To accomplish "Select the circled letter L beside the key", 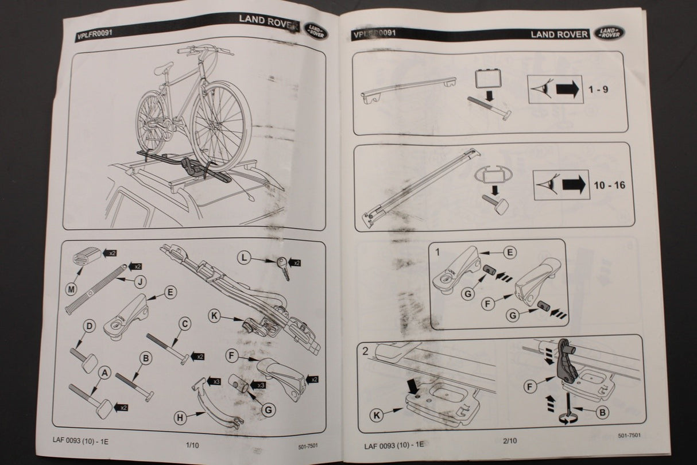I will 245,258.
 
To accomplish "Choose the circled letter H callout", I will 181,418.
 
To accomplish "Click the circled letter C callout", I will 185,324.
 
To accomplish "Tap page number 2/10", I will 509,441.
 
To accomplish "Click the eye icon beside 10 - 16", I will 547,185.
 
